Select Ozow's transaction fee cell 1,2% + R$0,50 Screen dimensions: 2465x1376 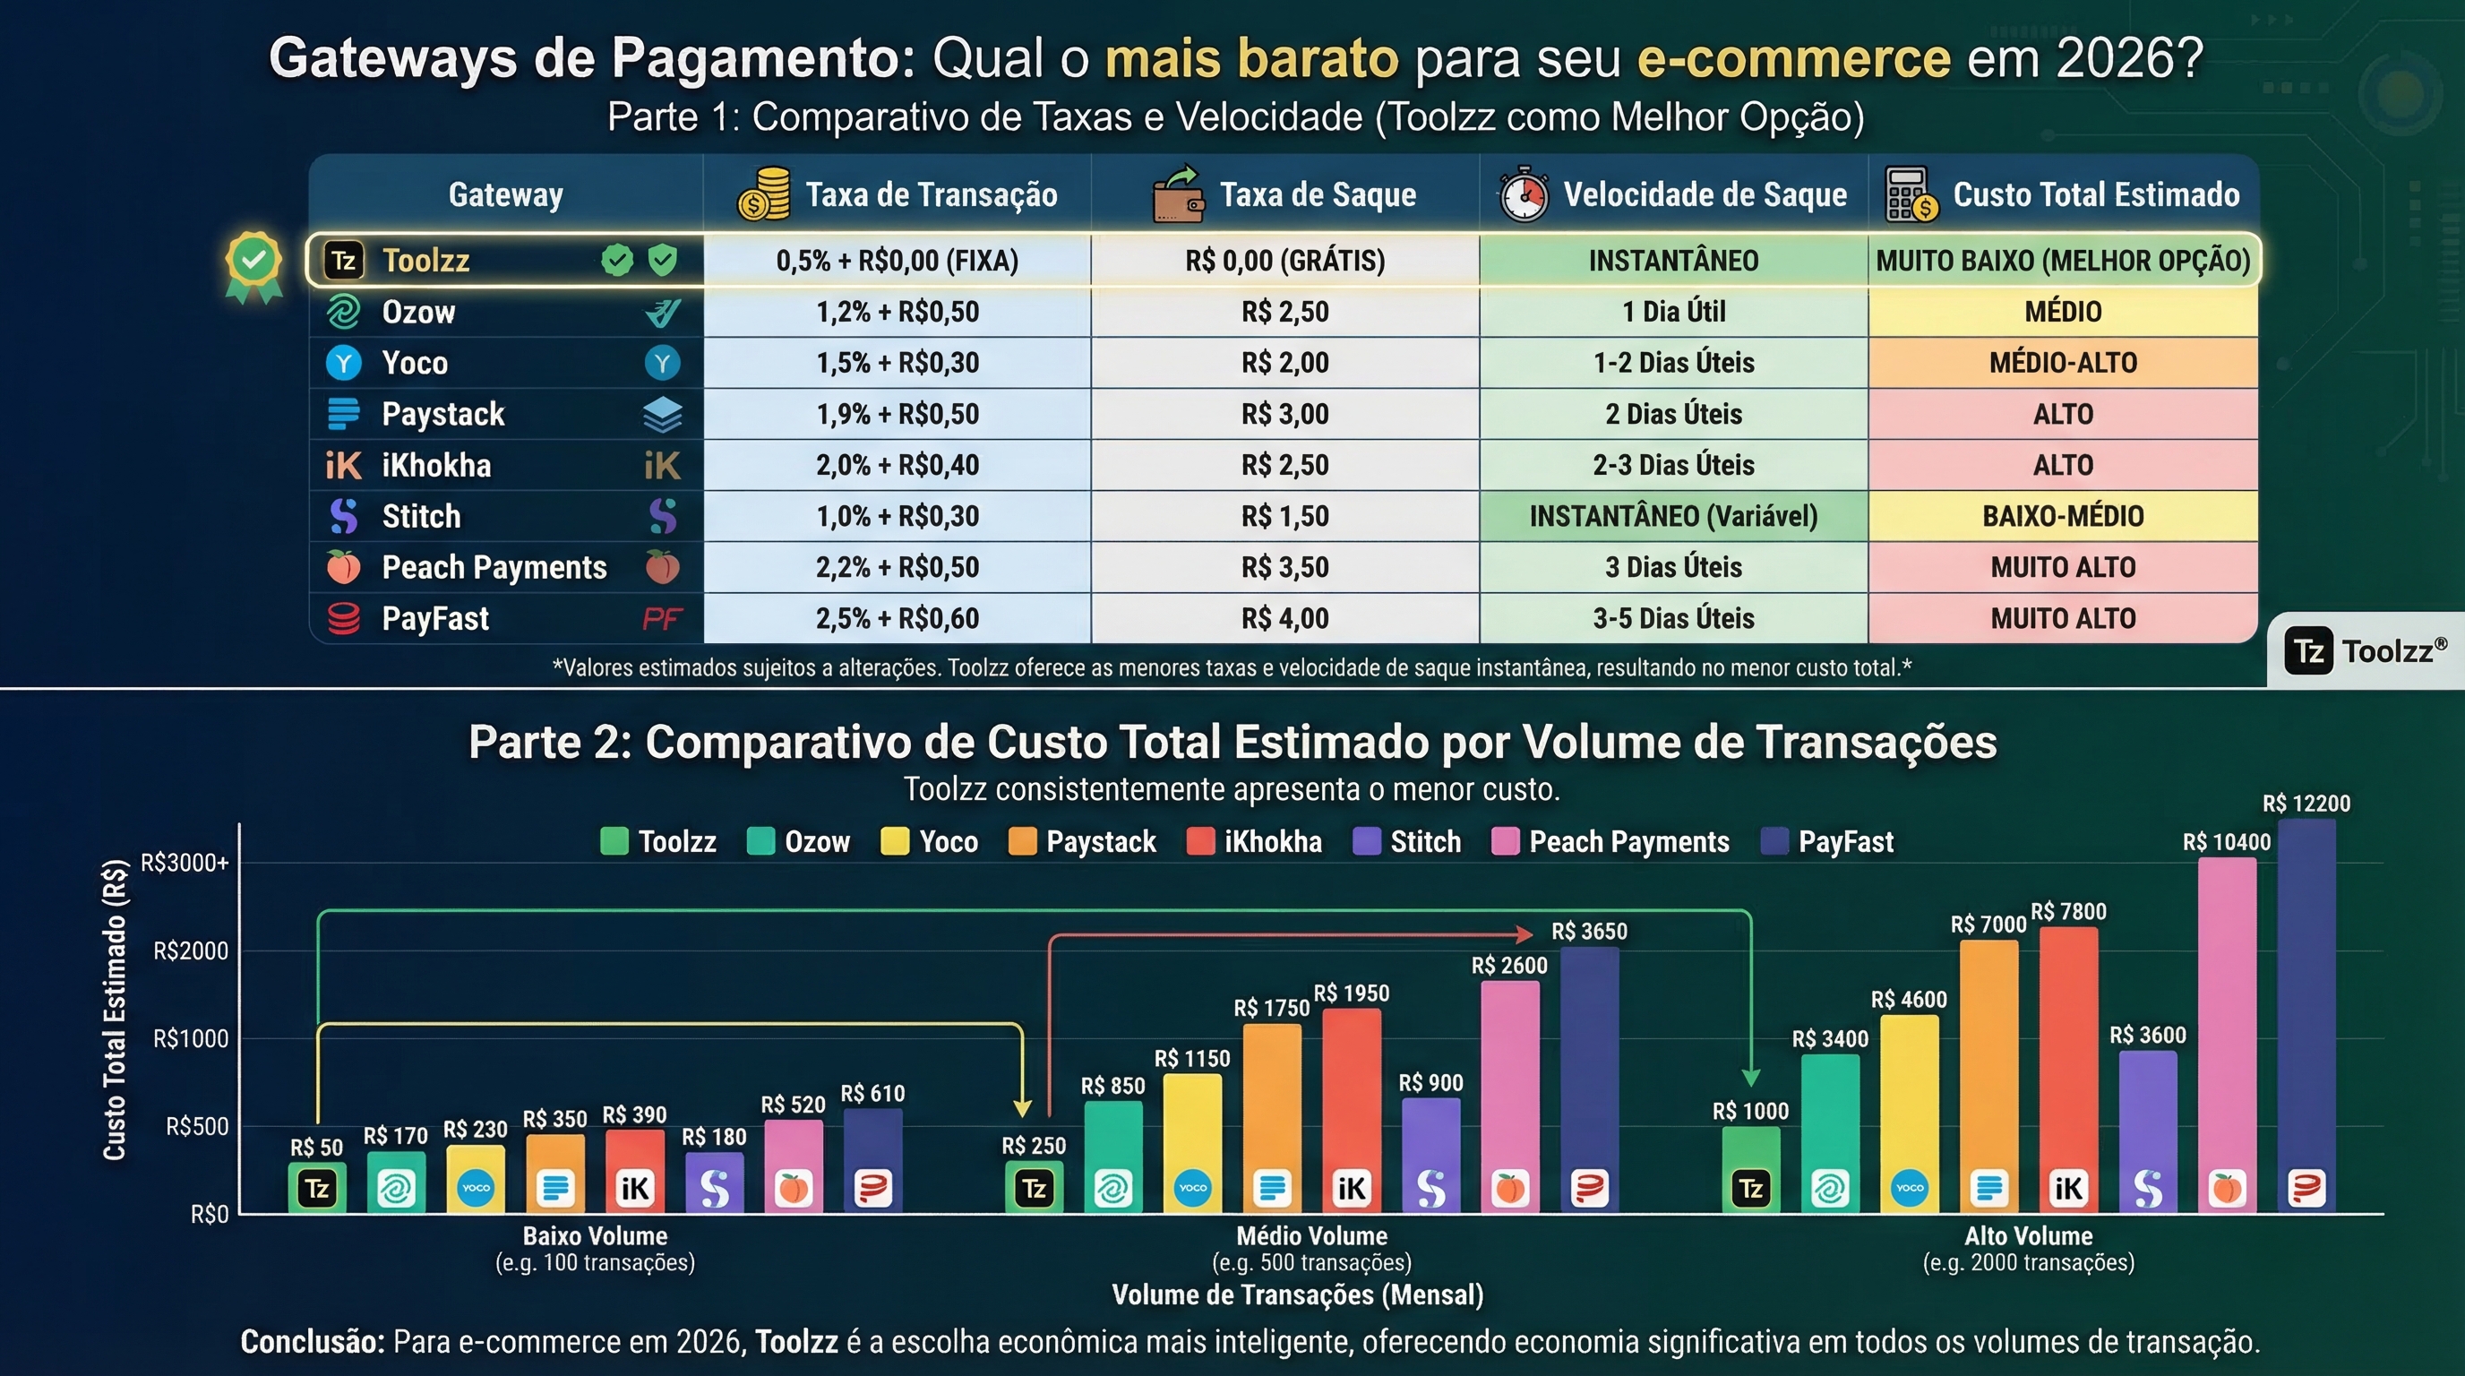tap(897, 312)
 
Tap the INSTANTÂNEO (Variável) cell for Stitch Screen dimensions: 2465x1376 tap(1672, 517)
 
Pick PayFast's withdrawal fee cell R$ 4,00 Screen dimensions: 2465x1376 tap(1284, 619)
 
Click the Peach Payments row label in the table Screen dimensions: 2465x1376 tap(494, 567)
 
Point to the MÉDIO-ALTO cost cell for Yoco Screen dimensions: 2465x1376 tap(2062, 364)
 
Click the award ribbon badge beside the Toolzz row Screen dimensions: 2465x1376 tap(253, 265)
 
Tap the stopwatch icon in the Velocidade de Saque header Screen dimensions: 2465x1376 tap(1524, 195)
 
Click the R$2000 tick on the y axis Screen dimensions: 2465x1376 tap(191, 951)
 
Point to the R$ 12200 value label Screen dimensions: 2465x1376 tap(2306, 804)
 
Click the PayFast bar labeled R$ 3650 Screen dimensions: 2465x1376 tap(1589, 1062)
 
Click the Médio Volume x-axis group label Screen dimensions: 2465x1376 tap(1311, 1236)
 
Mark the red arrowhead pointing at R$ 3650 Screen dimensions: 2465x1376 tap(1525, 933)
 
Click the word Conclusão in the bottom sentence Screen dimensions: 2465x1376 tap(312, 1342)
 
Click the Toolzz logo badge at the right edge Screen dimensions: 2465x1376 tap(2365, 651)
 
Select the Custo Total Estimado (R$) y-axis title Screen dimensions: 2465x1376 tap(115, 1010)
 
